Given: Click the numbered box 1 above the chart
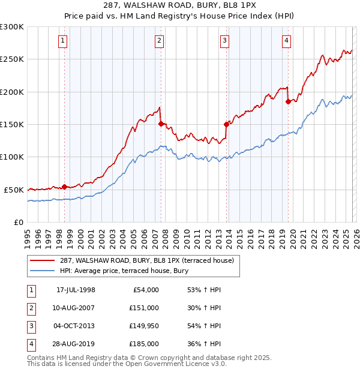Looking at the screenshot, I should click(63, 41).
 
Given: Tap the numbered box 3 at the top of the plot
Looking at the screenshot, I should click(224, 41).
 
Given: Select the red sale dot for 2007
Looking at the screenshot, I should click(161, 124).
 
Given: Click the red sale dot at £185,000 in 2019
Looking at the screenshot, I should click(289, 102).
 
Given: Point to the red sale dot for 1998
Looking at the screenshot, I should click(64, 187).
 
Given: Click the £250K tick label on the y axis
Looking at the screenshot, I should click(12, 59).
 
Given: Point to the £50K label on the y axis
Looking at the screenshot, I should click(14, 190).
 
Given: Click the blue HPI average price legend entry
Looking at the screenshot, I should click(124, 271).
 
